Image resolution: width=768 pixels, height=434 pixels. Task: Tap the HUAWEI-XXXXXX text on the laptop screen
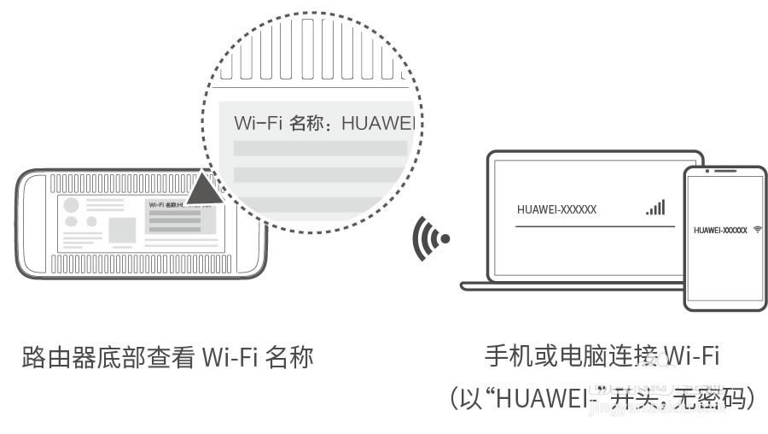pyautogui.click(x=556, y=209)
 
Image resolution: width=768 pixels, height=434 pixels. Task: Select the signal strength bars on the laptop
pyautogui.click(x=655, y=208)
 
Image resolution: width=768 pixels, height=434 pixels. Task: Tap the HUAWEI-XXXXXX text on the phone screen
pyautogui.click(x=720, y=231)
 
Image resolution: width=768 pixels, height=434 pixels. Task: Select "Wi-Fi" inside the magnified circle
pyautogui.click(x=258, y=123)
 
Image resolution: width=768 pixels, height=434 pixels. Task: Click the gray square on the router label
pyautogui.click(x=121, y=230)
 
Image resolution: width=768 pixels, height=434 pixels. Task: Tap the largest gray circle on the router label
pyautogui.click(x=72, y=206)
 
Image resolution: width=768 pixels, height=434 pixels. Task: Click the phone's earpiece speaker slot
pyautogui.click(x=725, y=175)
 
